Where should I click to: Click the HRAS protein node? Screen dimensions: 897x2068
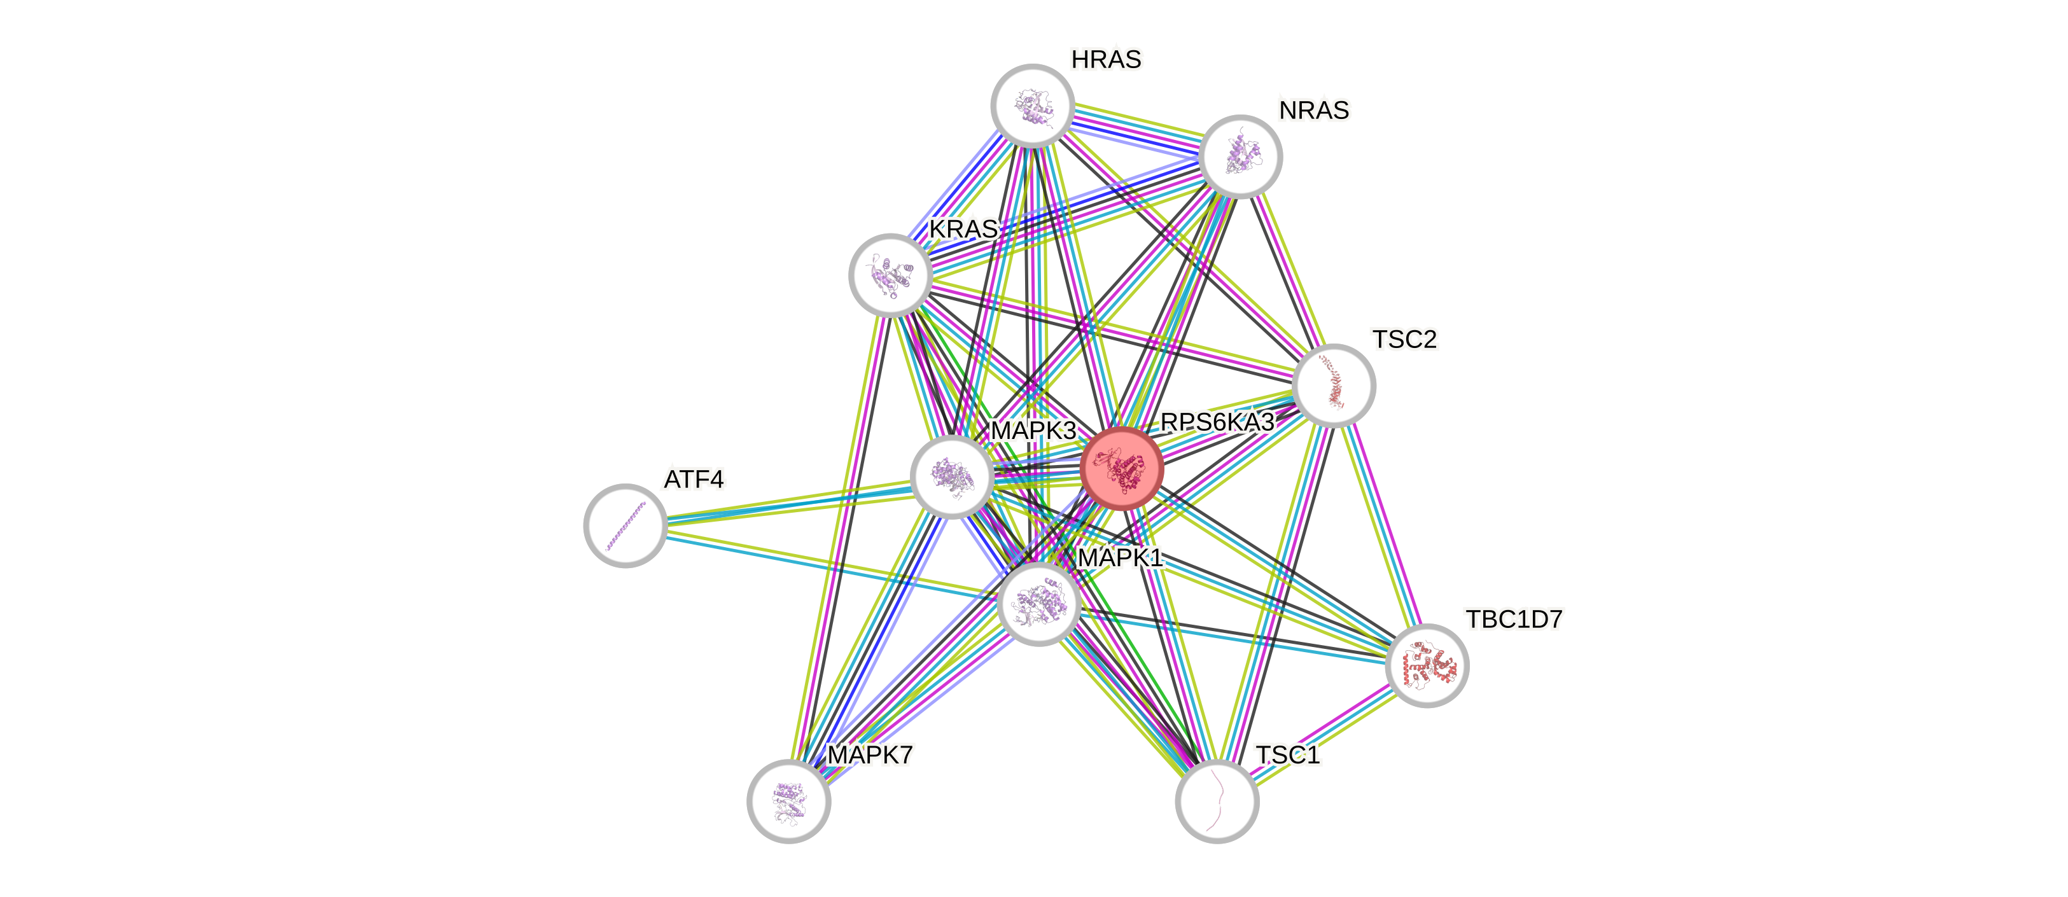[x=1032, y=106]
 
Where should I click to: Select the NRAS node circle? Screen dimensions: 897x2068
[x=1241, y=156]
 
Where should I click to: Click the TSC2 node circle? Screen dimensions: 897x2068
[x=1334, y=386]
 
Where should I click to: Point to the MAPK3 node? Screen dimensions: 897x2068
[x=952, y=477]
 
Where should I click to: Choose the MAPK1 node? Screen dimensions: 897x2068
[x=1038, y=603]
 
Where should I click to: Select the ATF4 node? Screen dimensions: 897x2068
[x=625, y=525]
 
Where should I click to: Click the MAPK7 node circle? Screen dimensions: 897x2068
[x=788, y=801]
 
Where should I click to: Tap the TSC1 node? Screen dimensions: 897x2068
[x=1217, y=801]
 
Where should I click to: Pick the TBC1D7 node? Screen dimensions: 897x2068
[x=1427, y=666]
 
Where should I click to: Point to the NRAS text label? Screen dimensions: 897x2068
[x=1314, y=111]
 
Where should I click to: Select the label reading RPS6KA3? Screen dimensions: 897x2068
[x=1217, y=423]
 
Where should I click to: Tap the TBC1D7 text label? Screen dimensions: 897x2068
[x=1514, y=620]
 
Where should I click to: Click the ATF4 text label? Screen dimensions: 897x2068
[x=694, y=480]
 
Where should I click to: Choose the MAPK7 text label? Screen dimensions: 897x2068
[x=870, y=756]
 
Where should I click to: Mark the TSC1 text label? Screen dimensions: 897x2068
[x=1288, y=756]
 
